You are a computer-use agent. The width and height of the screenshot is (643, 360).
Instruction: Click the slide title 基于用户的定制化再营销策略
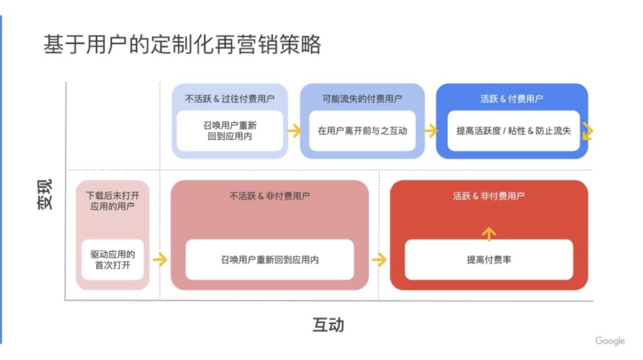tap(182, 44)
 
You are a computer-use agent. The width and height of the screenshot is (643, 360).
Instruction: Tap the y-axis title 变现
tap(45, 195)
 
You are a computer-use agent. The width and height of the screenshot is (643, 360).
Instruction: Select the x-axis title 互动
tap(328, 325)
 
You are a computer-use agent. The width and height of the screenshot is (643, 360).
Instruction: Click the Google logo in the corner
tap(610, 341)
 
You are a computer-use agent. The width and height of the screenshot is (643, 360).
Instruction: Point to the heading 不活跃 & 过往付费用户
tap(230, 98)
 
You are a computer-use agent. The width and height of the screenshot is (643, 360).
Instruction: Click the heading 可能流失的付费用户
tap(362, 98)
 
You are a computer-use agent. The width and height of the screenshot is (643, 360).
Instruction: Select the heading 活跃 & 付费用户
tap(511, 98)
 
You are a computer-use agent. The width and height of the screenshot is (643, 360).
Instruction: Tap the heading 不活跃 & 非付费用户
tap(270, 196)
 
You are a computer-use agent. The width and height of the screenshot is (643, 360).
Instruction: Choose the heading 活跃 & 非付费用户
tap(488, 196)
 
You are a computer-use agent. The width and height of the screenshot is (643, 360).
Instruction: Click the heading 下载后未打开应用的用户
tap(113, 201)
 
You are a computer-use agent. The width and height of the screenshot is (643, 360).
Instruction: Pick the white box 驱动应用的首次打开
tap(113, 259)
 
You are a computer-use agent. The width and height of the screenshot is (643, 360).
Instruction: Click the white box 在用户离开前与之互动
tap(362, 131)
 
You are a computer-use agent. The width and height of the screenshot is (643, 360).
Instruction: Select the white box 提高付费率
tap(489, 259)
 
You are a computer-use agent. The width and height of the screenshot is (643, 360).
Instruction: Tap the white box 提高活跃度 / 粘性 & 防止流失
tap(513, 131)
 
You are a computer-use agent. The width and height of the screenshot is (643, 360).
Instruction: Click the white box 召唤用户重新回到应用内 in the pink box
tap(270, 259)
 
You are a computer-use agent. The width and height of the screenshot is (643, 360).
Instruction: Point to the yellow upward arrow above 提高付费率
tap(489, 234)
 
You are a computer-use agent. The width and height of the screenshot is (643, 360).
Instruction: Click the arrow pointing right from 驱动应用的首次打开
tap(160, 259)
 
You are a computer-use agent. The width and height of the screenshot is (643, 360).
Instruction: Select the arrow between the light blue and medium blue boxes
tap(294, 131)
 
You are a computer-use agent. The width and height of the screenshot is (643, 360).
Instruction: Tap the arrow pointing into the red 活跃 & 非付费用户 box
tap(379, 259)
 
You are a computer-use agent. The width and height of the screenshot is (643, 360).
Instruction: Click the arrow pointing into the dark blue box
tap(430, 131)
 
